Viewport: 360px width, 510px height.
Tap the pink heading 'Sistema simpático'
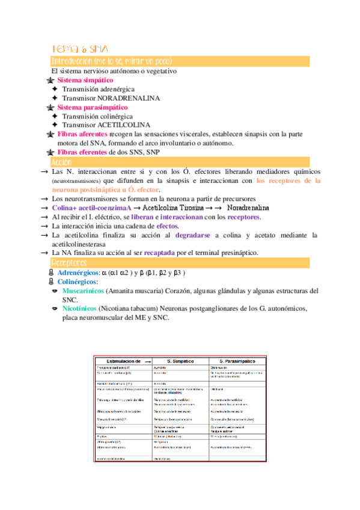pos(85,80)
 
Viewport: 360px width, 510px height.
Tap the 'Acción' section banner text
pos(62,162)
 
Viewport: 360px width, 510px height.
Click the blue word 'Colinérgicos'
pos(77,281)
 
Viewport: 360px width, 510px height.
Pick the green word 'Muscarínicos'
pos(82,291)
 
